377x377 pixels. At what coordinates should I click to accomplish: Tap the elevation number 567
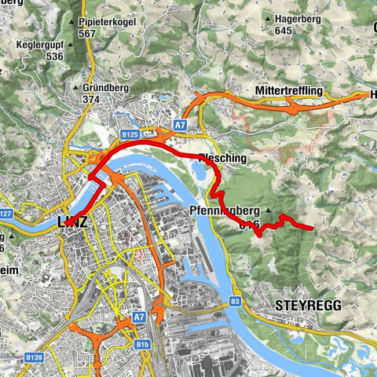(86, 33)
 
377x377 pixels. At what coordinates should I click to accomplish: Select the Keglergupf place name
(39, 45)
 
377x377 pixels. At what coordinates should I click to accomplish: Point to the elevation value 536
(54, 57)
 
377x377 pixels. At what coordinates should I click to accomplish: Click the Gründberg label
(103, 88)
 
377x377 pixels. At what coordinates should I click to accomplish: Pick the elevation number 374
(93, 100)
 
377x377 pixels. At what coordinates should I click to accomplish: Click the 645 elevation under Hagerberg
(284, 31)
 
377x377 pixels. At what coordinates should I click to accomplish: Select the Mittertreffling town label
(289, 92)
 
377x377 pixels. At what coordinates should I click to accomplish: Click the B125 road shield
(130, 136)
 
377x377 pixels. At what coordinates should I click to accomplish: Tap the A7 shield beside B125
(180, 125)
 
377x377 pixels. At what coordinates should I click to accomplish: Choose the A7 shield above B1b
(139, 317)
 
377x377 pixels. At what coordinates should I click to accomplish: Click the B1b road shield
(142, 344)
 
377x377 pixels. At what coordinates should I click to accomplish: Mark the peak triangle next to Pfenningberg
(268, 211)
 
